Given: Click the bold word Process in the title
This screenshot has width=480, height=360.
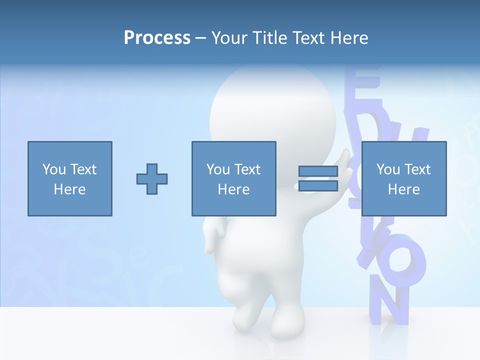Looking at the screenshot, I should (157, 37).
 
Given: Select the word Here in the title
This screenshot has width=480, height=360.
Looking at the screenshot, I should (349, 37).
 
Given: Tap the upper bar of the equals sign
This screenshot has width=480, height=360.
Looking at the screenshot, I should (318, 171).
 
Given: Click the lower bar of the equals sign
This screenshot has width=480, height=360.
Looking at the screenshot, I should (318, 186).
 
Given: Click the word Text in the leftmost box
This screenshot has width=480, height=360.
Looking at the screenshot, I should (83, 169).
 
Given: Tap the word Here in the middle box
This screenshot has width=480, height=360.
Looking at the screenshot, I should (233, 189).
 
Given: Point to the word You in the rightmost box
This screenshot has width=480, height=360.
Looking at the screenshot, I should (388, 169).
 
